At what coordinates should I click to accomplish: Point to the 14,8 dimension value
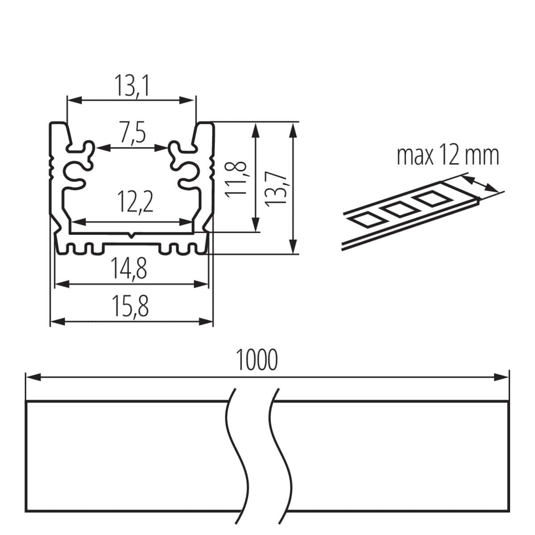[129, 269]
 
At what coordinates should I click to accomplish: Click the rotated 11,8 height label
[236, 178]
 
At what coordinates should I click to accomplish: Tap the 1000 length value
[256, 360]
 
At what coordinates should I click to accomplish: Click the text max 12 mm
[448, 156]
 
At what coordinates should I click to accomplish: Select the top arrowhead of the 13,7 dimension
[292, 130]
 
